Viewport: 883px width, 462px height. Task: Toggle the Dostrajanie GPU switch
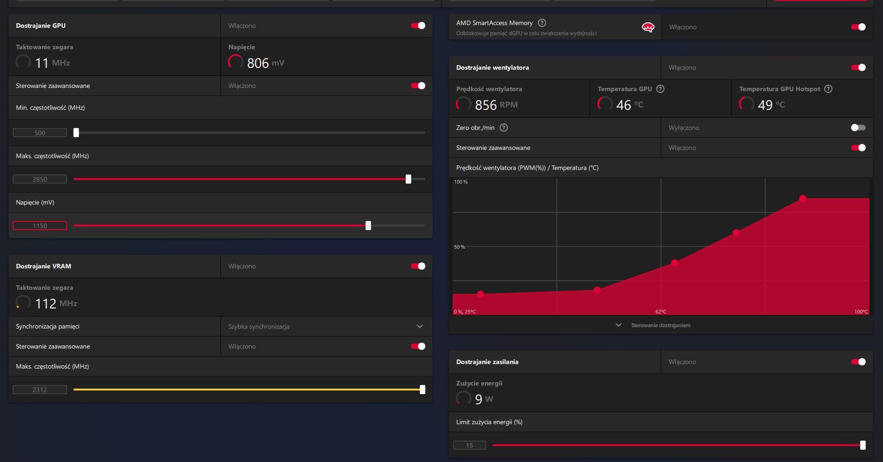pos(418,26)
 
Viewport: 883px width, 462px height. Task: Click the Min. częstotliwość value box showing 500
pos(40,133)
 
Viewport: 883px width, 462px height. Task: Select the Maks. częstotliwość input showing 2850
pos(40,179)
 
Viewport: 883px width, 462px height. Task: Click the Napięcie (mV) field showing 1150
pos(40,226)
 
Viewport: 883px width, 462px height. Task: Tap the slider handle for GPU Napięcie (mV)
pos(368,226)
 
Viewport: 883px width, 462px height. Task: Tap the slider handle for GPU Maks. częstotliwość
pos(408,179)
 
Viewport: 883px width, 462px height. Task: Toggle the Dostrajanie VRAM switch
pos(418,266)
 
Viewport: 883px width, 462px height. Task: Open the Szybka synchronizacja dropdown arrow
pos(420,326)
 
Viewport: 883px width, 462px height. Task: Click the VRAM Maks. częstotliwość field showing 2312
pos(40,390)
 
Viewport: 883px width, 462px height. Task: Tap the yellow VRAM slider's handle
pos(423,390)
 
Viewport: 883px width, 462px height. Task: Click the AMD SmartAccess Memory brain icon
pos(648,27)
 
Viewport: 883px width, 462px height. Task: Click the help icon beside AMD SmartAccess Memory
pos(542,23)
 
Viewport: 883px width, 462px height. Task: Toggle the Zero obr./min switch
pos(858,128)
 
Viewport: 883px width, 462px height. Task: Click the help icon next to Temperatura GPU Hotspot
pos(828,89)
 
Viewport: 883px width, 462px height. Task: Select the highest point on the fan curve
pos(803,199)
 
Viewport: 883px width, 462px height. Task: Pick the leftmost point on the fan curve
pos(480,294)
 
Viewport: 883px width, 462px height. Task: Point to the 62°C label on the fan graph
pos(661,312)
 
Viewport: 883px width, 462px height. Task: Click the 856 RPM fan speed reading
pos(496,105)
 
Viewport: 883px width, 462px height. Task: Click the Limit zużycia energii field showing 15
pos(470,445)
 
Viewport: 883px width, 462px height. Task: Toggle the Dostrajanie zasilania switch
pos(858,362)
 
